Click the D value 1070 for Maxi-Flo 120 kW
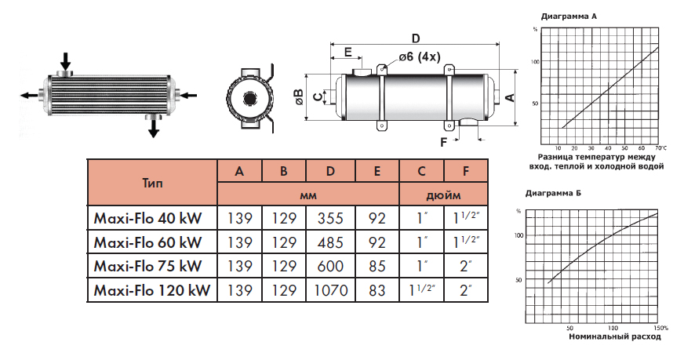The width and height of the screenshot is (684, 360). [331, 291]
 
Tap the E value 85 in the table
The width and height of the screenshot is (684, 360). [377, 267]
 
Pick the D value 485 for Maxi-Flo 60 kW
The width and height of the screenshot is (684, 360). [331, 242]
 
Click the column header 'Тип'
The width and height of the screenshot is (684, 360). [154, 182]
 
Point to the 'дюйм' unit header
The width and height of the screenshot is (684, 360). [443, 194]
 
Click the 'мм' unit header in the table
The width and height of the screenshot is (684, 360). [308, 194]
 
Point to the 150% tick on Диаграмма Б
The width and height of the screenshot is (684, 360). [658, 327]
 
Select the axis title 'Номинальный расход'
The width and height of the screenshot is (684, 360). [614, 337]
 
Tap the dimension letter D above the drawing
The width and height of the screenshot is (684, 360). [416, 38]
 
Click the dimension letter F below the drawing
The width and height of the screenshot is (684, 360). [445, 142]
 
